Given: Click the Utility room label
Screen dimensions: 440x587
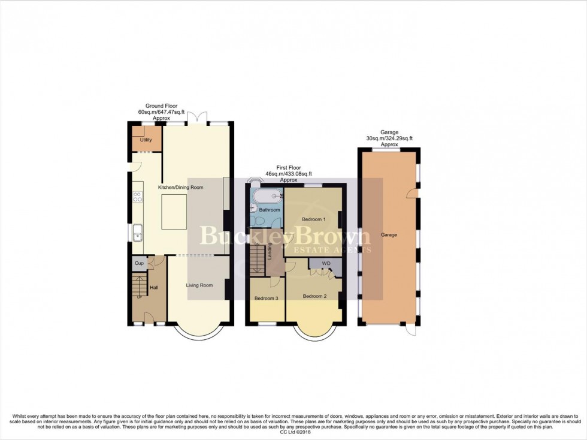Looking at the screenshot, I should [x=146, y=140].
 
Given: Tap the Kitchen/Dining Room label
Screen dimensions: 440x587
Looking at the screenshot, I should [x=180, y=188].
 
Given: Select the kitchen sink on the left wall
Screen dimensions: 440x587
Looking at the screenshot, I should [x=137, y=231].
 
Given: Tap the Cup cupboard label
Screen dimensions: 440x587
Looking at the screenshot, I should [x=138, y=263].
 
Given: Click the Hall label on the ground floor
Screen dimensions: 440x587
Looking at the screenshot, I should [x=154, y=288].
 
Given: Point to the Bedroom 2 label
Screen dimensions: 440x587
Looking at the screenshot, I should [x=314, y=296].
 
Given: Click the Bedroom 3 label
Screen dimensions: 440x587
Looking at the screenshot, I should [x=266, y=298].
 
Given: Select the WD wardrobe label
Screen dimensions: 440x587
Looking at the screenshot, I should [x=326, y=264].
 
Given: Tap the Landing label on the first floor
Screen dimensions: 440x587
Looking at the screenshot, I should [x=270, y=251].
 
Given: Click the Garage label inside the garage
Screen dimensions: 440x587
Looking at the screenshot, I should [x=389, y=235].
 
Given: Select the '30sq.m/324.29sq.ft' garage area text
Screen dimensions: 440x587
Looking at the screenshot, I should [x=389, y=138].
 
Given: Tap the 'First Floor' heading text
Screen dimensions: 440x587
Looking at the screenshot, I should [x=289, y=168].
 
